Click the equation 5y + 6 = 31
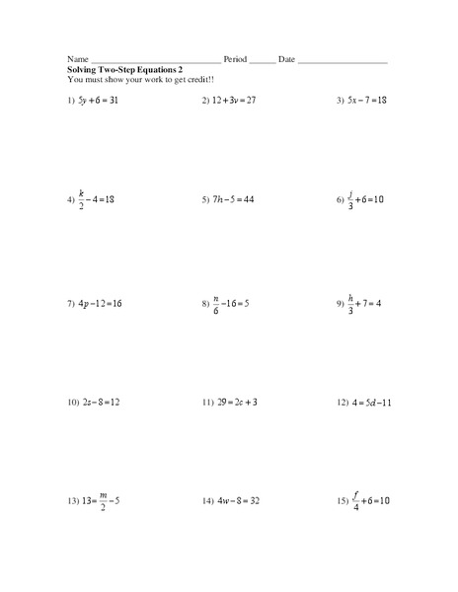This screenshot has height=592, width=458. point(106,102)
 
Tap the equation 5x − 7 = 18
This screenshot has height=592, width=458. point(369,102)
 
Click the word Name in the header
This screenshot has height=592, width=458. point(78,60)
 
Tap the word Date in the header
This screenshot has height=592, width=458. point(286,60)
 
